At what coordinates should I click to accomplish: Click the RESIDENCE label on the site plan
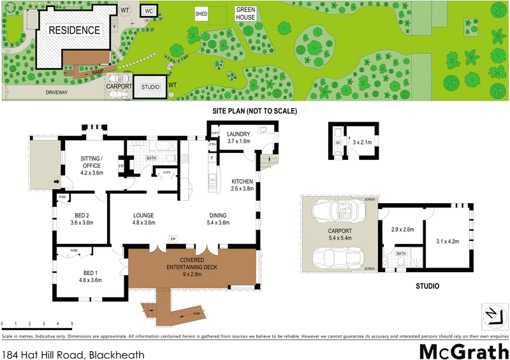coord(76,30)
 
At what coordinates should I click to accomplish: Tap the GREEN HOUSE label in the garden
coord(245,13)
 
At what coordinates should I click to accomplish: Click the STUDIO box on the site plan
coord(150,87)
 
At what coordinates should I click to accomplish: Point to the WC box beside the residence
coord(148,11)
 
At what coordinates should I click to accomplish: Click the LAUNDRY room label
coord(239,134)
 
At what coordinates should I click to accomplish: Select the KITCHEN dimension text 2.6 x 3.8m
coord(243,189)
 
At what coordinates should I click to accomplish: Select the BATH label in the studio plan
coord(401,254)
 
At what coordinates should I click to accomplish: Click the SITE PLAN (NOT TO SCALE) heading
coord(254,111)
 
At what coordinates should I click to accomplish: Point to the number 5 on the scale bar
coord(71,324)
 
